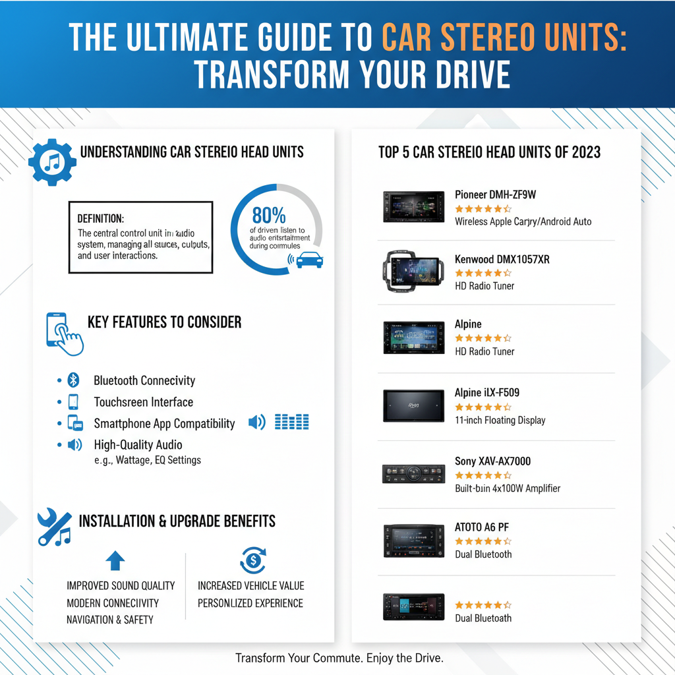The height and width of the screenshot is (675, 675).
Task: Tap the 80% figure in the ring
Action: tap(269, 216)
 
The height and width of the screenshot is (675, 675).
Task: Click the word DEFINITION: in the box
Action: tap(100, 218)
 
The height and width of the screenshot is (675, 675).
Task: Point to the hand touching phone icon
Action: tap(64, 334)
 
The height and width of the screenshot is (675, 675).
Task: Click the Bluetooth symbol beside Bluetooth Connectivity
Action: tap(74, 380)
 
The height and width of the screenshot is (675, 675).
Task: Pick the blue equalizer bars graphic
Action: tap(291, 422)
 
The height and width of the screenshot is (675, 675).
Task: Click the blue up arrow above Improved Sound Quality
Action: tap(115, 561)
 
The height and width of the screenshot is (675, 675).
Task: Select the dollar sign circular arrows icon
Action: tap(252, 560)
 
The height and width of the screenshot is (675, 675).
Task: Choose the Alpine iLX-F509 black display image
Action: tap(413, 405)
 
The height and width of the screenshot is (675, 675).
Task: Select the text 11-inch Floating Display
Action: tap(500, 420)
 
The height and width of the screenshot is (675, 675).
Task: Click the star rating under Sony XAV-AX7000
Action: tap(483, 475)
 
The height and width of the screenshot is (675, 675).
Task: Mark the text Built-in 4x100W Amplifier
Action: tap(508, 488)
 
